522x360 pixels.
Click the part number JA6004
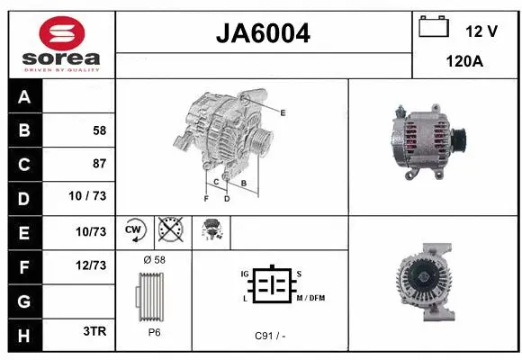[x=264, y=33]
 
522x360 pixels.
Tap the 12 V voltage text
[x=481, y=31]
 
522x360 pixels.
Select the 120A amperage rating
[x=465, y=63]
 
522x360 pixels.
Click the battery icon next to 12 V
[x=434, y=26]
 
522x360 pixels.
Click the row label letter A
[x=23, y=96]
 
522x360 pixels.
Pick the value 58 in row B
[x=99, y=130]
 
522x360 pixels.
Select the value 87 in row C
[x=99, y=164]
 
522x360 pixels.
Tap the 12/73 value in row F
[x=92, y=265]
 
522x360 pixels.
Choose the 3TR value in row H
[x=94, y=331]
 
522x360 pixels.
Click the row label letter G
[x=23, y=298]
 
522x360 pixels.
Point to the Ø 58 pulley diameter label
[x=154, y=260]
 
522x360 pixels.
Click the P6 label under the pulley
[x=154, y=331]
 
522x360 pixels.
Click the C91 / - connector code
[x=270, y=336]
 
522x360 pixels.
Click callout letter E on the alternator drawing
[x=283, y=112]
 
